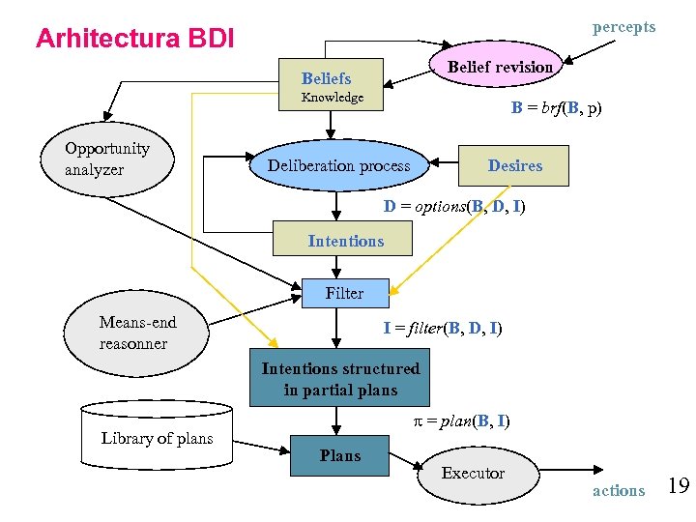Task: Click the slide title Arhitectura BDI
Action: pos(134,39)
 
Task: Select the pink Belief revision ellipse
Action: pos(500,67)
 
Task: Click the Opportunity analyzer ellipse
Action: pos(107,159)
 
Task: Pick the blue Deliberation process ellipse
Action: pos(338,165)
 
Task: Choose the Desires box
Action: pos(514,165)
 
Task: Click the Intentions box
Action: pos(345,241)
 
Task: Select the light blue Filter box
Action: pos(344,293)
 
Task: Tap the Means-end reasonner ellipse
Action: pos(137,333)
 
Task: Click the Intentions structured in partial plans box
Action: pos(340,380)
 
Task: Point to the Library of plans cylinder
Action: pos(157,438)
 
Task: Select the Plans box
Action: pos(340,455)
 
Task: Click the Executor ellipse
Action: pos(473,473)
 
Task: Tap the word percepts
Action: pos(623,27)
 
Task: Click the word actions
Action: pos(618,490)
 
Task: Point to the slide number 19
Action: pos(678,485)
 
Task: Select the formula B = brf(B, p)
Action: pos(556,108)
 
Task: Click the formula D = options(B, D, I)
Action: pos(454,206)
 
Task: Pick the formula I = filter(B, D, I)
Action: pos(442,328)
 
